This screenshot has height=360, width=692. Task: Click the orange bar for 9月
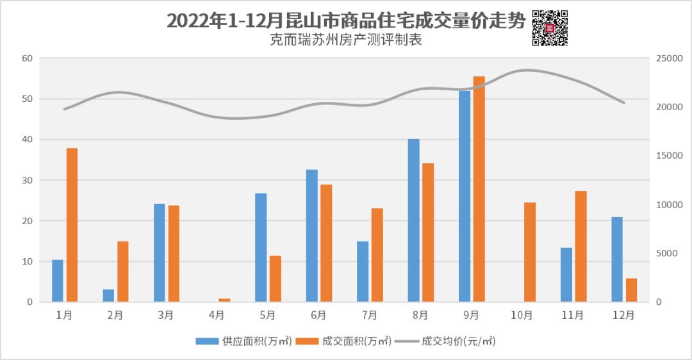pos(479,189)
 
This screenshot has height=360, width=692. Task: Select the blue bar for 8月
pos(414,220)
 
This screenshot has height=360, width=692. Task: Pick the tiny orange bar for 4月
pos(224,300)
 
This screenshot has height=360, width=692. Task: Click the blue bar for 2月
pos(109,295)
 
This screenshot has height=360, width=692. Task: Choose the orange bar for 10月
pos(530,252)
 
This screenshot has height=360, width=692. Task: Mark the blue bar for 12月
pos(617,259)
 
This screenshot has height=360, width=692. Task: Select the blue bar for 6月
pos(312,236)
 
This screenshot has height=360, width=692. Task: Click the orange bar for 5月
pos(275,279)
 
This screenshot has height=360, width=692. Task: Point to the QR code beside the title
pos(550,28)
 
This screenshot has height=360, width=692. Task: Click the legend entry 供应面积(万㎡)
pos(244,341)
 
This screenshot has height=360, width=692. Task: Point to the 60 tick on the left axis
pos(27,58)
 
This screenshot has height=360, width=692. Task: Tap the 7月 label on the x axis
pos(370,315)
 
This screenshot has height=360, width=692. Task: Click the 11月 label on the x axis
pos(572,315)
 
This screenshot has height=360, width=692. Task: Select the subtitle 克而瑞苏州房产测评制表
pos(346,40)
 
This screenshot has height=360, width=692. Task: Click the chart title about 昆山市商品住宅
pos(346,21)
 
